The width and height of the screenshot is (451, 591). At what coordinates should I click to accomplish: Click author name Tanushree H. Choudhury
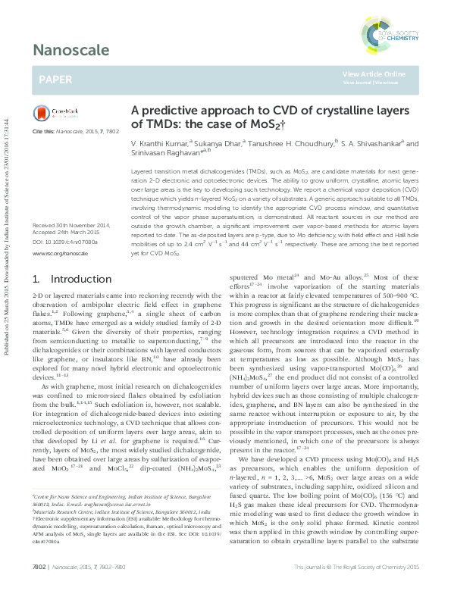click(282, 142)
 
